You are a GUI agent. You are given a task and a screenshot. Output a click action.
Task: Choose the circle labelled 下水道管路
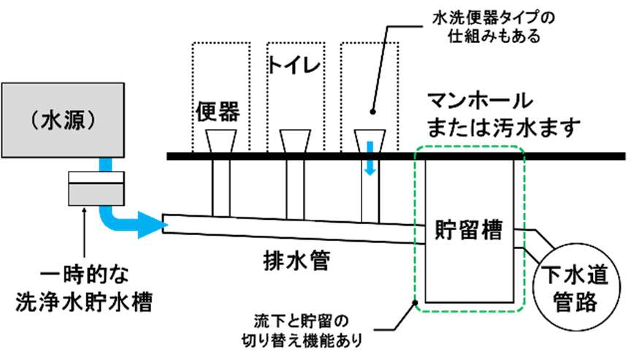576,288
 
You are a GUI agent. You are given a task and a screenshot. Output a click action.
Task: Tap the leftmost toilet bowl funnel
218,142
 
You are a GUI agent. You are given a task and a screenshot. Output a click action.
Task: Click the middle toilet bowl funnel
294,142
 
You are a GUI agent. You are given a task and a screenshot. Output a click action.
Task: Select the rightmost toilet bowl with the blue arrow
370,140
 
